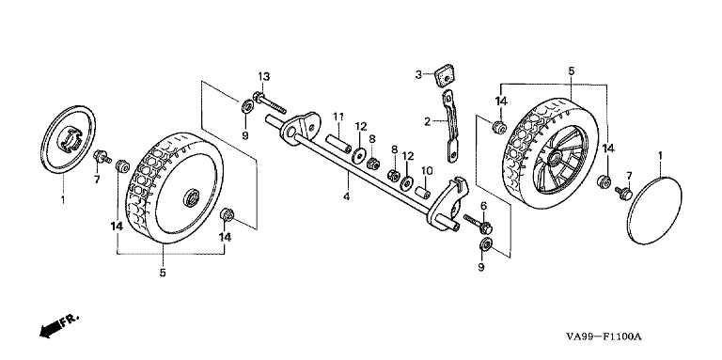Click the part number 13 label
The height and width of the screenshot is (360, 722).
tap(263, 76)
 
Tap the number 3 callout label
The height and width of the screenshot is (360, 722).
tap(418, 74)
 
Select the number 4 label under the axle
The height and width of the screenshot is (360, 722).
tap(346, 197)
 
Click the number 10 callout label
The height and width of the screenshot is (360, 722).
tap(427, 171)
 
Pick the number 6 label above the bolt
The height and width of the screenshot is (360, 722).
tap(483, 206)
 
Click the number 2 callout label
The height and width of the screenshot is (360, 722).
tap(428, 121)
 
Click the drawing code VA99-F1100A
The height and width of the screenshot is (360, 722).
tap(604, 337)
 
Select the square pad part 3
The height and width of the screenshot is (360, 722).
tap(443, 76)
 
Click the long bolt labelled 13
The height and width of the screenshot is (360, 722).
tap(270, 104)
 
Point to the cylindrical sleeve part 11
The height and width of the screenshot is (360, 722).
tap(338, 143)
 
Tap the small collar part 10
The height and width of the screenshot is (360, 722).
tap(423, 193)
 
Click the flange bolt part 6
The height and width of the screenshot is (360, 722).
tap(479, 224)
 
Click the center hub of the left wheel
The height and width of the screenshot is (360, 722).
tap(191, 198)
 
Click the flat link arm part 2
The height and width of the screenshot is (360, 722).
tap(451, 126)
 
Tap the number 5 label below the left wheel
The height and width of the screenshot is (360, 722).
tap(163, 273)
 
